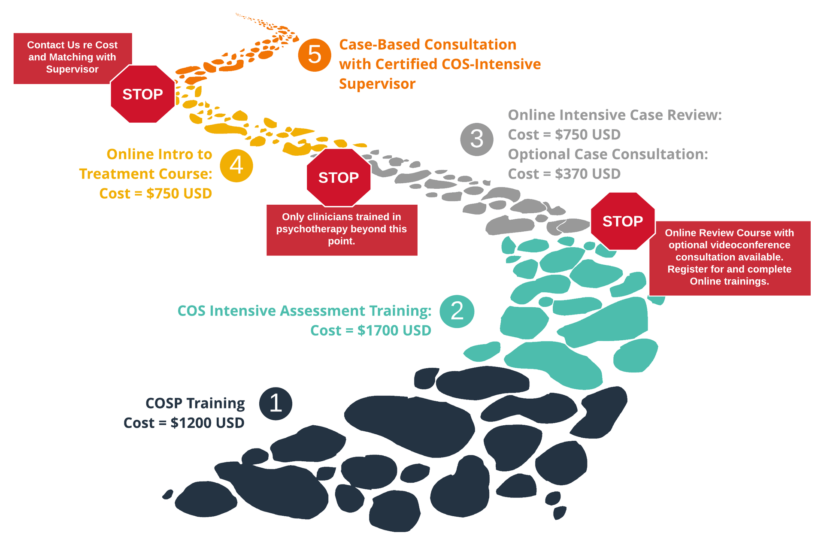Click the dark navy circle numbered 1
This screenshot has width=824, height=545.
click(276, 403)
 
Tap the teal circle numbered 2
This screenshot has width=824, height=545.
click(457, 311)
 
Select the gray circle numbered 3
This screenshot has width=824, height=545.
click(477, 139)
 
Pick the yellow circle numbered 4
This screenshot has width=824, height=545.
click(236, 166)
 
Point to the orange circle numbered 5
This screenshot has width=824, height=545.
click(315, 55)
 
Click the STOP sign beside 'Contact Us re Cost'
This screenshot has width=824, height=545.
click(143, 94)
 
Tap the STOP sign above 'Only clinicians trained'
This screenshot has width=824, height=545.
click(339, 177)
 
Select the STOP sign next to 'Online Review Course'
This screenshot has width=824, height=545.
click(623, 221)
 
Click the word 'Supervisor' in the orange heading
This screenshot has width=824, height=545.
click(377, 84)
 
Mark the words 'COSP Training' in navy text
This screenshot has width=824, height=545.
click(195, 403)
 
